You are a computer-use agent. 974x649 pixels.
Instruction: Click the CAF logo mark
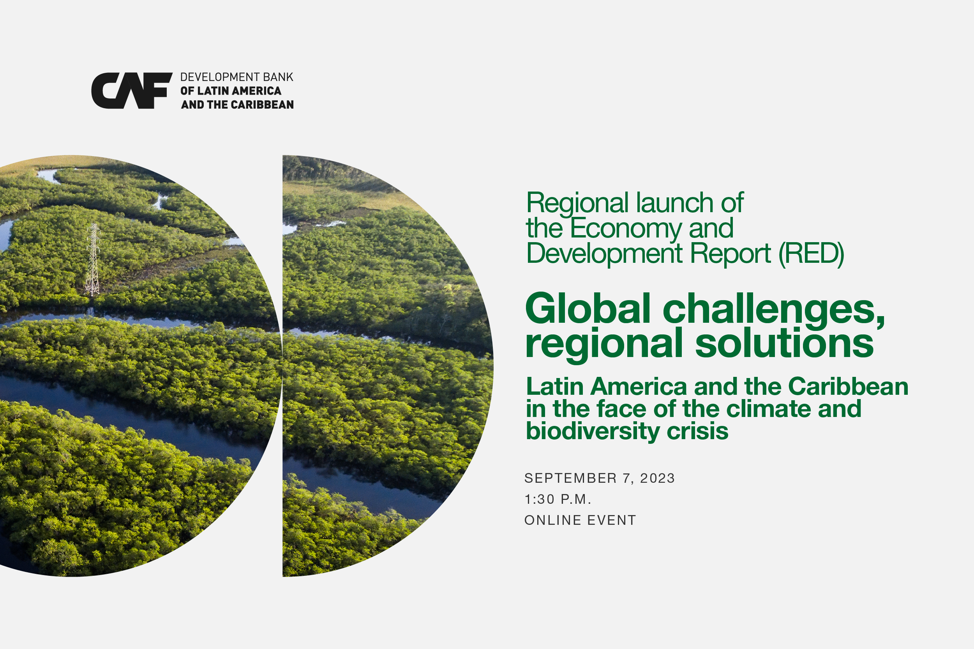point(132,91)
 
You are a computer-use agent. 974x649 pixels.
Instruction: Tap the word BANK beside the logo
point(278,77)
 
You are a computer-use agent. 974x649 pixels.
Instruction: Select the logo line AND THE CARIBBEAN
point(237,105)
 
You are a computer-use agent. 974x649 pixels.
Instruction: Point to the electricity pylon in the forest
point(93,260)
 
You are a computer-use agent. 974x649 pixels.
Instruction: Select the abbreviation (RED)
point(811,253)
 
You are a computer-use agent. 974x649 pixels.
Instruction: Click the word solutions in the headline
point(784,343)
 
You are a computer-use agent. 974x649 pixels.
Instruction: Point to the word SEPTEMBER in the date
point(571,478)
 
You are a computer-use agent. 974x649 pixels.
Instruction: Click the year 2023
point(658,478)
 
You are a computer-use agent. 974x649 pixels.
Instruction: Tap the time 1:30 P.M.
point(558,500)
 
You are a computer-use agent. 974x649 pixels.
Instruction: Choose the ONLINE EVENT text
point(580,520)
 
